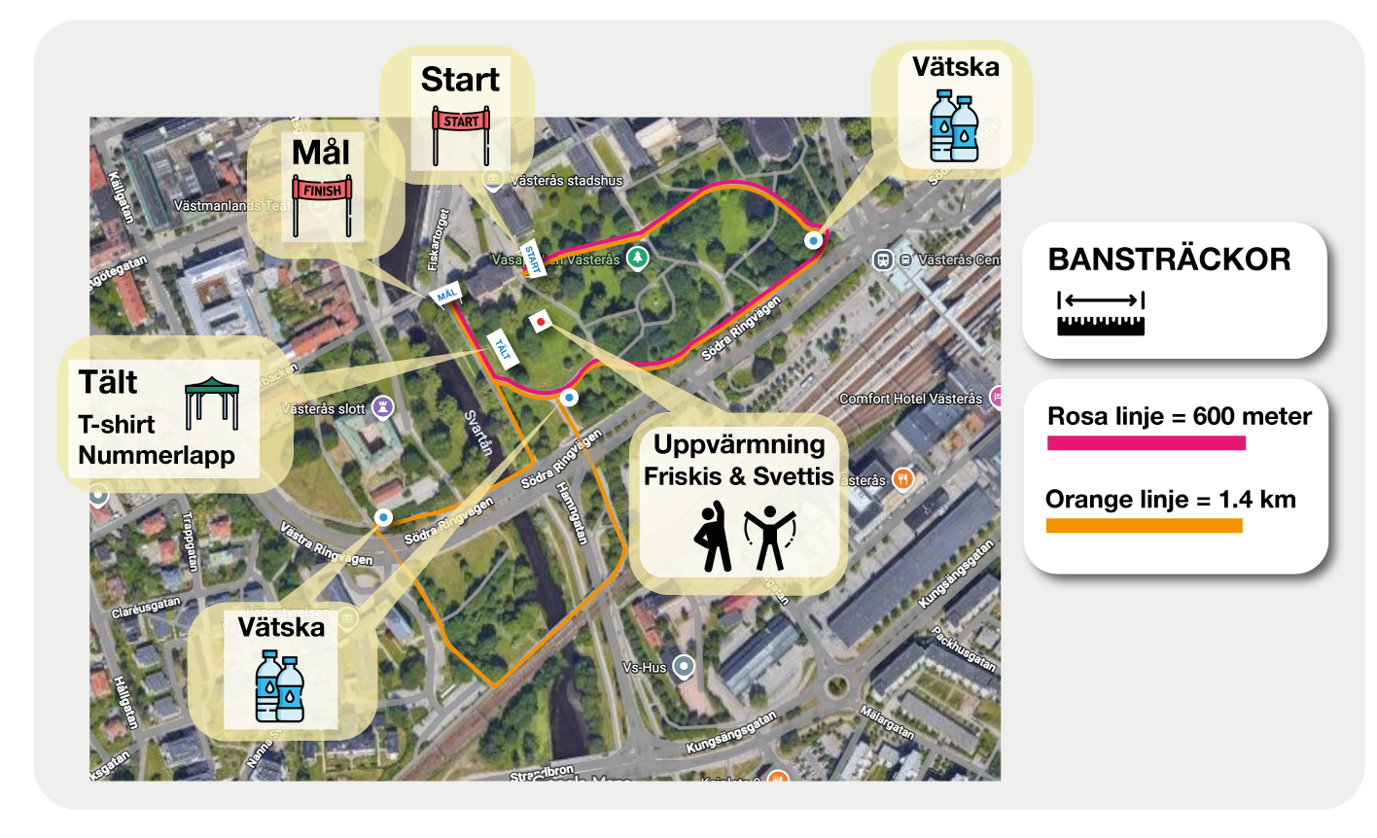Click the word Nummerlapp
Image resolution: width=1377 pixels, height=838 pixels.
[157, 454]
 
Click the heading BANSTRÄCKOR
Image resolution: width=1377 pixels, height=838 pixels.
[1169, 260]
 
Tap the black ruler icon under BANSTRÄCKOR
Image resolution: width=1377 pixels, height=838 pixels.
[1101, 313]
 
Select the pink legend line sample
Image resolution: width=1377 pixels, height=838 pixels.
[1146, 443]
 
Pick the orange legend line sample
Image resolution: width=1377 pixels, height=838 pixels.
[1144, 526]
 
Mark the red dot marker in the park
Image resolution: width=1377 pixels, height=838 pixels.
[541, 321]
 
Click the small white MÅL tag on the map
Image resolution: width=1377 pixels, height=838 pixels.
[446, 295]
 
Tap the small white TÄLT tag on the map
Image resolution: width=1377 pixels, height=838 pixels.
[502, 346]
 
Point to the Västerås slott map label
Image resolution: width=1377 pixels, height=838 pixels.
[325, 408]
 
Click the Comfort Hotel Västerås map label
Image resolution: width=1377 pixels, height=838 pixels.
[910, 399]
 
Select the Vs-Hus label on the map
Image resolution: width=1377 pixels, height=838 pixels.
[646, 668]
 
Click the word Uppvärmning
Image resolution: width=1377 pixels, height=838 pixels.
[739, 445]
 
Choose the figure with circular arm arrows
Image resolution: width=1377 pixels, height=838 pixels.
[768, 536]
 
